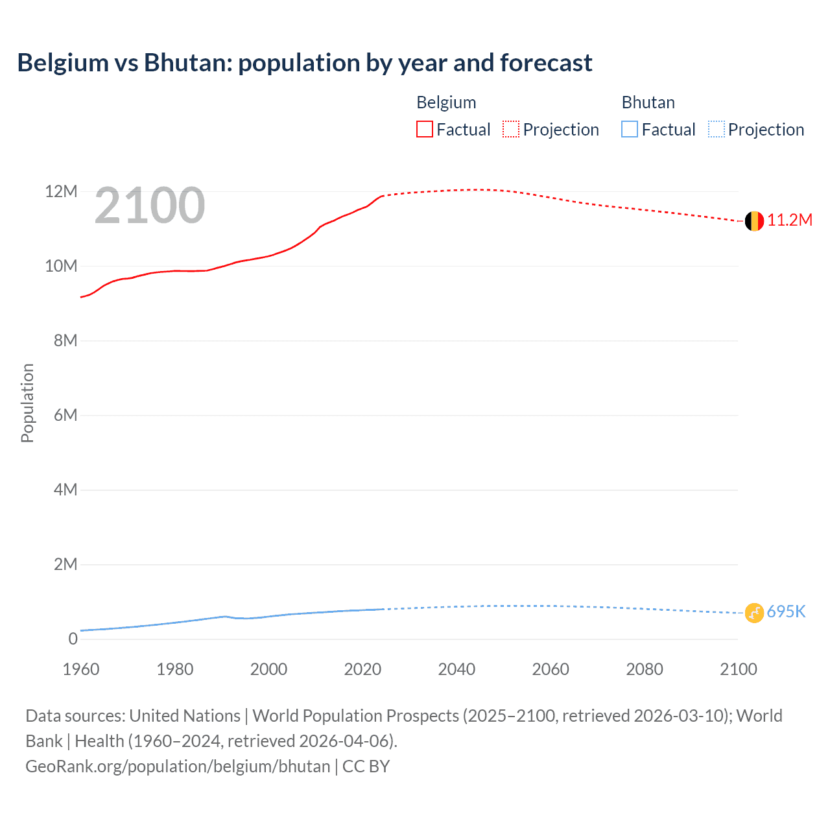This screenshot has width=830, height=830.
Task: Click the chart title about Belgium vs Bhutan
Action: coord(305,63)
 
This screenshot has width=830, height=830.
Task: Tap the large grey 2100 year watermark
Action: coord(150,206)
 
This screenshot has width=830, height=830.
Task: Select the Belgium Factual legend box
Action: coord(425,130)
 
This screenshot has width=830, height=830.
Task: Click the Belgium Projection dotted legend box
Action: coord(511,130)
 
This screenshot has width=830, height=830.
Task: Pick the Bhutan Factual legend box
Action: coord(630,130)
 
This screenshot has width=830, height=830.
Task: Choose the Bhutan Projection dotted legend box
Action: coord(717,130)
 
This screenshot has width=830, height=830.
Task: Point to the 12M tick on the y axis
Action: coord(61,191)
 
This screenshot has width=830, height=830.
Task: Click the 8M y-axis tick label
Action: coord(65,340)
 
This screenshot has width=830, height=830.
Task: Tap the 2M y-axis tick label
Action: coord(65,564)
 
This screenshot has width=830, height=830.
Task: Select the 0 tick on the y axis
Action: coord(73,639)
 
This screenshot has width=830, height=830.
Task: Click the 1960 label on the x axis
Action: coord(81,669)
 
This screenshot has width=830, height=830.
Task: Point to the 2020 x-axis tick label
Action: coord(362,669)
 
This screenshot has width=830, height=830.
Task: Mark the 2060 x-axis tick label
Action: coord(551,669)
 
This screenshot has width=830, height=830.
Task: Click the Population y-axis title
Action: coord(27,403)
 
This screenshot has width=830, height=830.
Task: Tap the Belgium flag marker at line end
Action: coord(754,221)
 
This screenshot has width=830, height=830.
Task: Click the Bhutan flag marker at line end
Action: coord(754,613)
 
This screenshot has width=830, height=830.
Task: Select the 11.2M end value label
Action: coord(790,220)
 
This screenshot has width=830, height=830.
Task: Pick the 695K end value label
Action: coord(786,612)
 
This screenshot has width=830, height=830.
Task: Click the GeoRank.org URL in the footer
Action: coord(178,766)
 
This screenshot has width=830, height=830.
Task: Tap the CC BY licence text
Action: coord(366,766)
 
